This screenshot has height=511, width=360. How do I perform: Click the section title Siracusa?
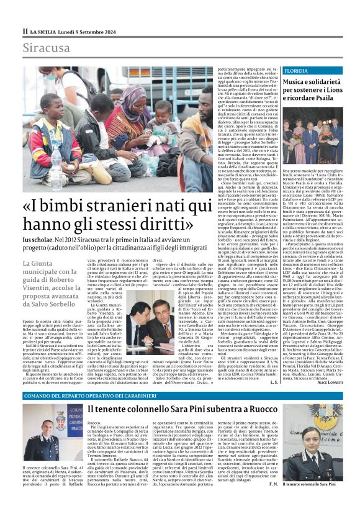coord(47,48)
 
